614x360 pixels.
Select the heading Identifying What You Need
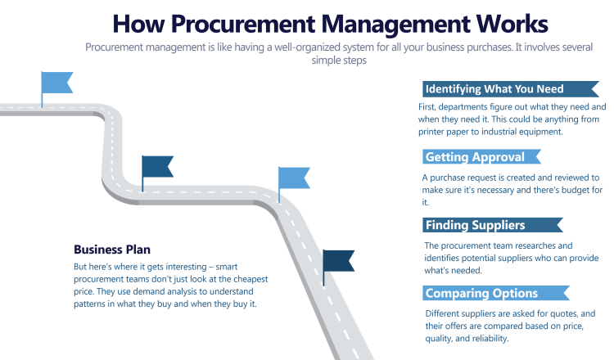[494, 89]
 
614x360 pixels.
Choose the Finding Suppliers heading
[476, 225]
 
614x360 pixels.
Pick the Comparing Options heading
[481, 293]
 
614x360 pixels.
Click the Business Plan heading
[112, 250]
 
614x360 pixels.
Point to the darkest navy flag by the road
[338, 260]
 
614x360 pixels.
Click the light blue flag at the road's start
[56, 83]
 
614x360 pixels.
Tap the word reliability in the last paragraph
[488, 338]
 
